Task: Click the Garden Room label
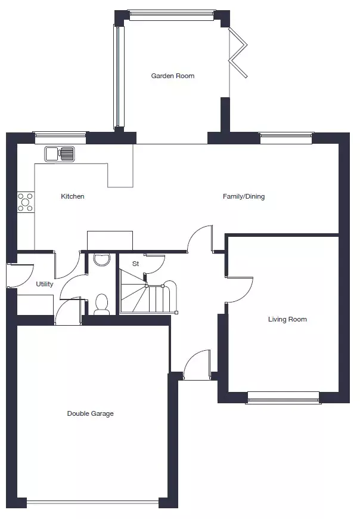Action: pyautogui.click(x=173, y=76)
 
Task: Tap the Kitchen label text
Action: pyautogui.click(x=72, y=196)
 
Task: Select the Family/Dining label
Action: pyautogui.click(x=244, y=196)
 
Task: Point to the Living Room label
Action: pyautogui.click(x=287, y=319)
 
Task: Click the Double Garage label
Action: pyautogui.click(x=90, y=413)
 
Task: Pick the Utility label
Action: pyautogui.click(x=44, y=284)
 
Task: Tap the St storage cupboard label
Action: pyautogui.click(x=135, y=264)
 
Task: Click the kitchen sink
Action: pyautogui.click(x=60, y=154)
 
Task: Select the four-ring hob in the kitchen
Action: pyautogui.click(x=26, y=202)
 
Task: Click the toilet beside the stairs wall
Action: pyautogui.click(x=101, y=304)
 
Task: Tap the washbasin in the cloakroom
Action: pyautogui.click(x=101, y=259)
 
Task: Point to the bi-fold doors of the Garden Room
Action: pyautogui.click(x=238, y=53)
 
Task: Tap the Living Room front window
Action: pyautogui.click(x=283, y=397)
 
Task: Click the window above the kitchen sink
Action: pyautogui.click(x=60, y=138)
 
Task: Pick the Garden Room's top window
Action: pyautogui.click(x=172, y=14)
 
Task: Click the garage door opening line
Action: pyautogui.click(x=92, y=503)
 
